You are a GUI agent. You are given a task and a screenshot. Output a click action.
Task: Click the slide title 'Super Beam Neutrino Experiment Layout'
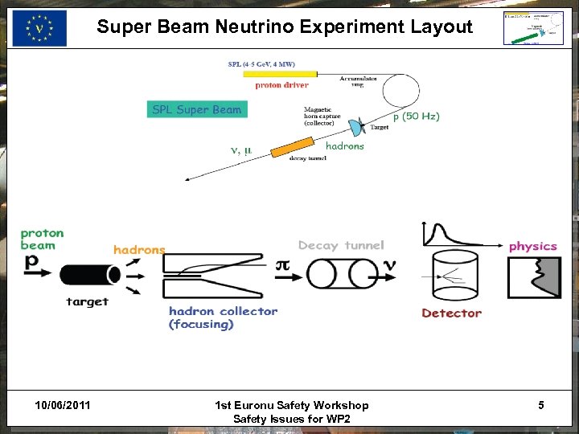(285, 27)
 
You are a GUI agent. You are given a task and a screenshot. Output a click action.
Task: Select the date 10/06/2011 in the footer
(63, 405)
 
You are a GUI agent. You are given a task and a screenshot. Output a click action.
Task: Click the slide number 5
(541, 405)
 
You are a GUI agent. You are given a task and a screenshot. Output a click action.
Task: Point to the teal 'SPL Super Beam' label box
(197, 109)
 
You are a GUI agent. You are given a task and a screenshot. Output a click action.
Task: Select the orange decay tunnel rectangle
(292, 147)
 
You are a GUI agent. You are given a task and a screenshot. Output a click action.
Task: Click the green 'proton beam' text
(42, 239)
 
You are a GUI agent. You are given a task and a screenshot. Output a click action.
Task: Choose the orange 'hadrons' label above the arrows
(139, 250)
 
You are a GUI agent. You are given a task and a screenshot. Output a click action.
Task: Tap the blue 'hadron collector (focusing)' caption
(223, 317)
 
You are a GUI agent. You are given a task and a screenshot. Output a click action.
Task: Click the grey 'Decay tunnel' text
(341, 245)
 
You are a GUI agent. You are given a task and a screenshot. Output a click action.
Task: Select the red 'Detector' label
(451, 313)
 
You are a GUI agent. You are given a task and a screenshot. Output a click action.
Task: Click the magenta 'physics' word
(532, 246)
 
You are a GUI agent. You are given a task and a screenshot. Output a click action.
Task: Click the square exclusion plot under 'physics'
(534, 277)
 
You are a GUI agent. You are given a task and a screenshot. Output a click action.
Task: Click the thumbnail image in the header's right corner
(532, 27)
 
